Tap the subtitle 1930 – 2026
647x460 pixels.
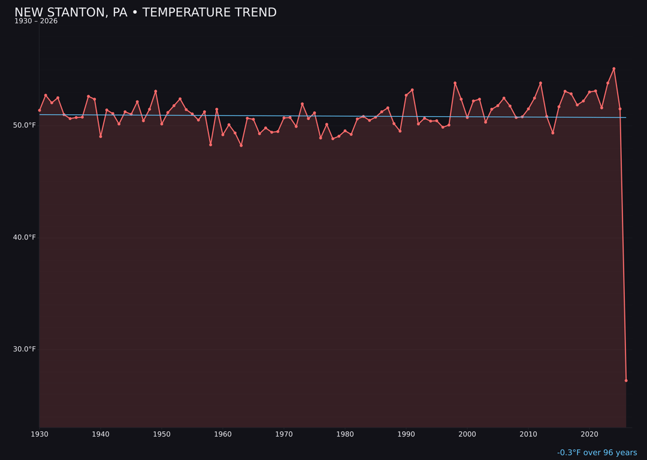click(36, 22)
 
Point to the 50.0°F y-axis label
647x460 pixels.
click(25, 125)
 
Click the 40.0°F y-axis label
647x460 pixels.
click(25, 237)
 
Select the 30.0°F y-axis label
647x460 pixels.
click(25, 349)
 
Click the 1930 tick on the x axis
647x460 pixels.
click(40, 434)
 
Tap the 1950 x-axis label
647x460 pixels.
click(162, 434)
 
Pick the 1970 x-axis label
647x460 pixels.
click(284, 434)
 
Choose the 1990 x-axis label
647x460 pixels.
click(406, 434)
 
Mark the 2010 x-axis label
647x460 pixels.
click(528, 434)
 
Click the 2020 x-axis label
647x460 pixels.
click(589, 434)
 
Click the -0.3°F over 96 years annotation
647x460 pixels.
click(597, 453)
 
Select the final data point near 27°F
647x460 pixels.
click(626, 380)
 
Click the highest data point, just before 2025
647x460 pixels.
click(613, 69)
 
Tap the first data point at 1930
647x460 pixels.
click(40, 110)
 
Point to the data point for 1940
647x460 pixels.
click(101, 137)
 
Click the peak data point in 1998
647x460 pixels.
click(455, 83)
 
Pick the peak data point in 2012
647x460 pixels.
click(540, 83)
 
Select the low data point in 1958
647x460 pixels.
click(210, 145)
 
